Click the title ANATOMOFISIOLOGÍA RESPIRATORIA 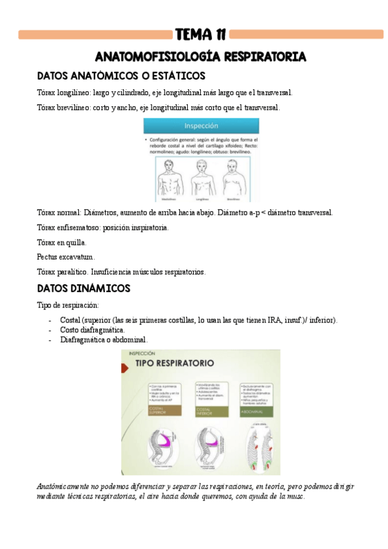[x=200, y=57]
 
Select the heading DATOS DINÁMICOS [x=84, y=287]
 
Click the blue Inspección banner [x=201, y=126]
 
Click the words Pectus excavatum [x=66, y=257]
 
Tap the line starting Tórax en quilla [x=62, y=242]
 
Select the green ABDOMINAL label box [x=253, y=410]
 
